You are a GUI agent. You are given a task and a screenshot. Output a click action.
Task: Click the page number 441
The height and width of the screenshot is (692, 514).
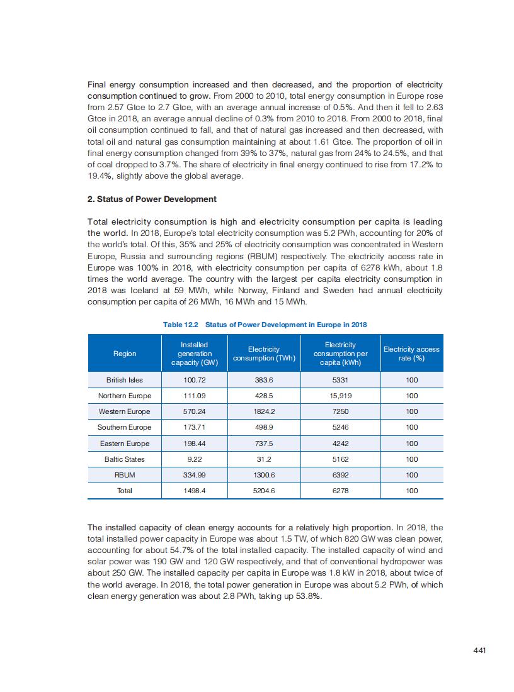click(479, 650)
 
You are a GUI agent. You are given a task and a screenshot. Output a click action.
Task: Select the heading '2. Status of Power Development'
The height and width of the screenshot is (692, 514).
click(152, 199)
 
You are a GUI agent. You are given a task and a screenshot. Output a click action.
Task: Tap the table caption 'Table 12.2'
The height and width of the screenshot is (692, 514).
click(181, 325)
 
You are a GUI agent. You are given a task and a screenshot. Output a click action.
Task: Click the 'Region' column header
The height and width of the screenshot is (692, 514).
click(125, 354)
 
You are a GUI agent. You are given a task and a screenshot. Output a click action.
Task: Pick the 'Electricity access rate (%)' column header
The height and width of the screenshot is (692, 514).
click(411, 354)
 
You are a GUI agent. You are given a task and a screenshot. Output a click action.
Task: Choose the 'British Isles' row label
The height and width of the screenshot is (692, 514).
click(125, 380)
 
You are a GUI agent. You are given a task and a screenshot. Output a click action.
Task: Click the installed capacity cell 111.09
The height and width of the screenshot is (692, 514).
click(195, 396)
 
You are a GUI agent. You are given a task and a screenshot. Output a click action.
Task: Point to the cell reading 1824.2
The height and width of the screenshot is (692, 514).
click(263, 411)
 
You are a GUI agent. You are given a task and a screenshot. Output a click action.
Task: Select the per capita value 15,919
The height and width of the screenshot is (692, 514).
click(340, 396)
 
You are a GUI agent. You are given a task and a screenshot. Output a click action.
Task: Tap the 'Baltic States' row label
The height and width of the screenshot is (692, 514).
click(125, 459)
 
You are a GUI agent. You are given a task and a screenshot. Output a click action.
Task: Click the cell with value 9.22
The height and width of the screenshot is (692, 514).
click(195, 459)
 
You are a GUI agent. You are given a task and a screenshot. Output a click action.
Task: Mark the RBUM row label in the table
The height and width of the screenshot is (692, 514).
click(125, 475)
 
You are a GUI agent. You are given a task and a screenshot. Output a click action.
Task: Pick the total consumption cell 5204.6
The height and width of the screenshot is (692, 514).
click(263, 491)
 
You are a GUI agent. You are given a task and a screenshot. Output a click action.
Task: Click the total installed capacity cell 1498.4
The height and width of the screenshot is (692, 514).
click(195, 491)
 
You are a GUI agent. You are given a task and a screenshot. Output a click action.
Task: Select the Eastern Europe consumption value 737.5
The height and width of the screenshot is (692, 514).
click(263, 444)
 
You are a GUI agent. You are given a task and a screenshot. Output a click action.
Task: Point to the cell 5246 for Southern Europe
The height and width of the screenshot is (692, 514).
click(340, 427)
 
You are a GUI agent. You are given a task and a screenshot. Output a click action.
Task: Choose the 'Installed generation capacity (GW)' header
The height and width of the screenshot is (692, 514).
click(195, 354)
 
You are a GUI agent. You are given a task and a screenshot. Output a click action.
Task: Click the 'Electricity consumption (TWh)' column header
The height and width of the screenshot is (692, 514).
click(264, 354)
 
